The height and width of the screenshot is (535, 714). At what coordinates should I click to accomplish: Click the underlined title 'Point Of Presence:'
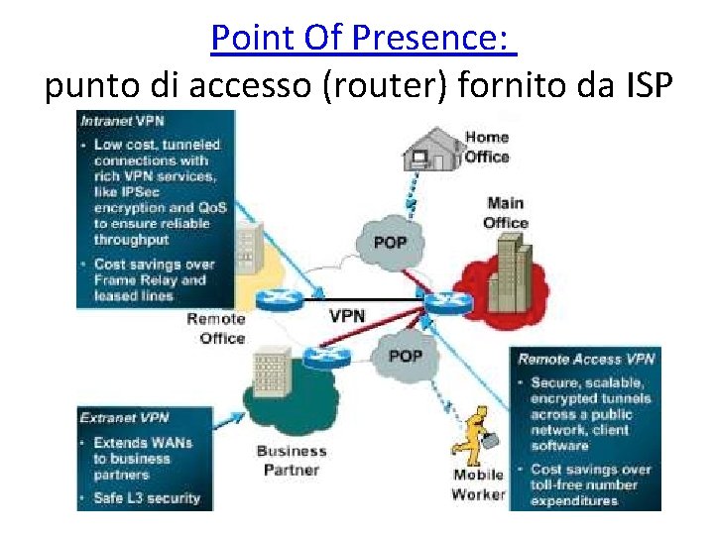pos(364,40)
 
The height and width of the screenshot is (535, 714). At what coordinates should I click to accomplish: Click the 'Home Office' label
pos(487,147)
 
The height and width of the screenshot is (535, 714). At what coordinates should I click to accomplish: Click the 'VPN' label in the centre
pos(347,317)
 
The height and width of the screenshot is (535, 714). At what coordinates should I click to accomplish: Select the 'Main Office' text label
pos(506,212)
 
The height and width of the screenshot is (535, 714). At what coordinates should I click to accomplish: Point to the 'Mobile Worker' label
pos(479,484)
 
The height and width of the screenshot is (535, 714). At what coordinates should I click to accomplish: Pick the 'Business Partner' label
pos(291,461)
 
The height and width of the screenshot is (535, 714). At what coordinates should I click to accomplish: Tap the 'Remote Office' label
pos(216,328)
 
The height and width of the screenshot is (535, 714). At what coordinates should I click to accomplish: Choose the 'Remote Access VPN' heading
pos(585,359)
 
